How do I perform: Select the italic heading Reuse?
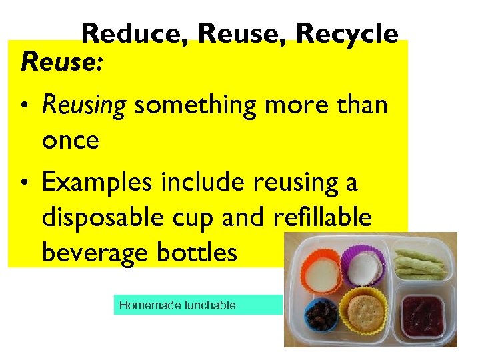[x=62, y=63]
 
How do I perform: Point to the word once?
[x=70, y=140]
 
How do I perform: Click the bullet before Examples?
[x=25, y=183]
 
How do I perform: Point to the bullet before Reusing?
[x=25, y=105]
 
